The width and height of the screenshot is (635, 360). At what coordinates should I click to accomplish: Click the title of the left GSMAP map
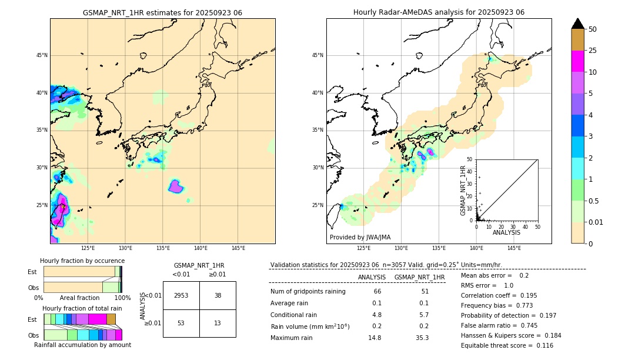point(162,12)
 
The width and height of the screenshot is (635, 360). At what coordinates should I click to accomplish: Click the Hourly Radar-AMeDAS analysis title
point(439,12)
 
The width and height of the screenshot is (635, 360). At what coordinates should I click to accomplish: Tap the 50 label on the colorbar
point(593,29)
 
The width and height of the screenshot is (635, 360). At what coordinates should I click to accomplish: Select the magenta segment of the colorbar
point(578,61)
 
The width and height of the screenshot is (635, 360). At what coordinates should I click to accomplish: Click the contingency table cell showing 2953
point(181,295)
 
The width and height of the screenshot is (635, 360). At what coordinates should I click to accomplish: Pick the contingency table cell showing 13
point(218,324)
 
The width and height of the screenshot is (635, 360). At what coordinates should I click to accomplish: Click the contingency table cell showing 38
point(218,295)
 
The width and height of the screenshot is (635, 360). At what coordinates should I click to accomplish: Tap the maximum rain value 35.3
point(422,338)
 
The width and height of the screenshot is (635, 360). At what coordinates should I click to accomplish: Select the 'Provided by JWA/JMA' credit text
point(360,237)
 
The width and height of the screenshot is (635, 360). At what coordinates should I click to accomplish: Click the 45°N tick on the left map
point(42,55)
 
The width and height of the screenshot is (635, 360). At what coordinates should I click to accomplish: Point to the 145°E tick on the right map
point(514,248)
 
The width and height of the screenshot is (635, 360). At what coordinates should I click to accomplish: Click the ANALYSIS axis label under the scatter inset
point(506,232)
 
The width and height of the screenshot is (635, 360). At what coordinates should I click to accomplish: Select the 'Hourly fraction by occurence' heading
point(82,261)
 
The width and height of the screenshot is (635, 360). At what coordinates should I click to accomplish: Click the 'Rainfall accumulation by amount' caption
point(82,345)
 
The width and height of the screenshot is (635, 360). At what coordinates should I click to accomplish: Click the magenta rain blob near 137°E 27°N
point(176,186)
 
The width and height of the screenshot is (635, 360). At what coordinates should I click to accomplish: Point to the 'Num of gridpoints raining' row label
point(308,292)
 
